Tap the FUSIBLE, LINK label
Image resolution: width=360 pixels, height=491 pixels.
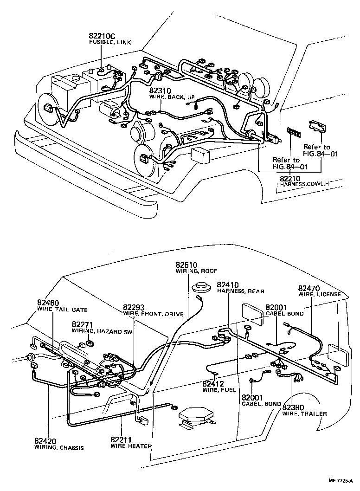(x=110, y=42)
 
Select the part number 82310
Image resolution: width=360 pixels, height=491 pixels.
(x=160, y=91)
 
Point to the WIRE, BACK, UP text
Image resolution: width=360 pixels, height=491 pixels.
(x=172, y=98)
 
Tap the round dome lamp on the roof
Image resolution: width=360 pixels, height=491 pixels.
(x=202, y=286)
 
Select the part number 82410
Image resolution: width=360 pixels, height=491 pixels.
(x=228, y=284)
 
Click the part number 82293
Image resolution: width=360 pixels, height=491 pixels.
(x=134, y=307)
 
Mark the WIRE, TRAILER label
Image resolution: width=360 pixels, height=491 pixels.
(x=304, y=413)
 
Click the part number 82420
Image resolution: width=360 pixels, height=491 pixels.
(x=45, y=441)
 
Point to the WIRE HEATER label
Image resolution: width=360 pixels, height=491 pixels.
(x=131, y=446)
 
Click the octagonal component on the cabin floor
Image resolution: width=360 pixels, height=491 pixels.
(x=195, y=413)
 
